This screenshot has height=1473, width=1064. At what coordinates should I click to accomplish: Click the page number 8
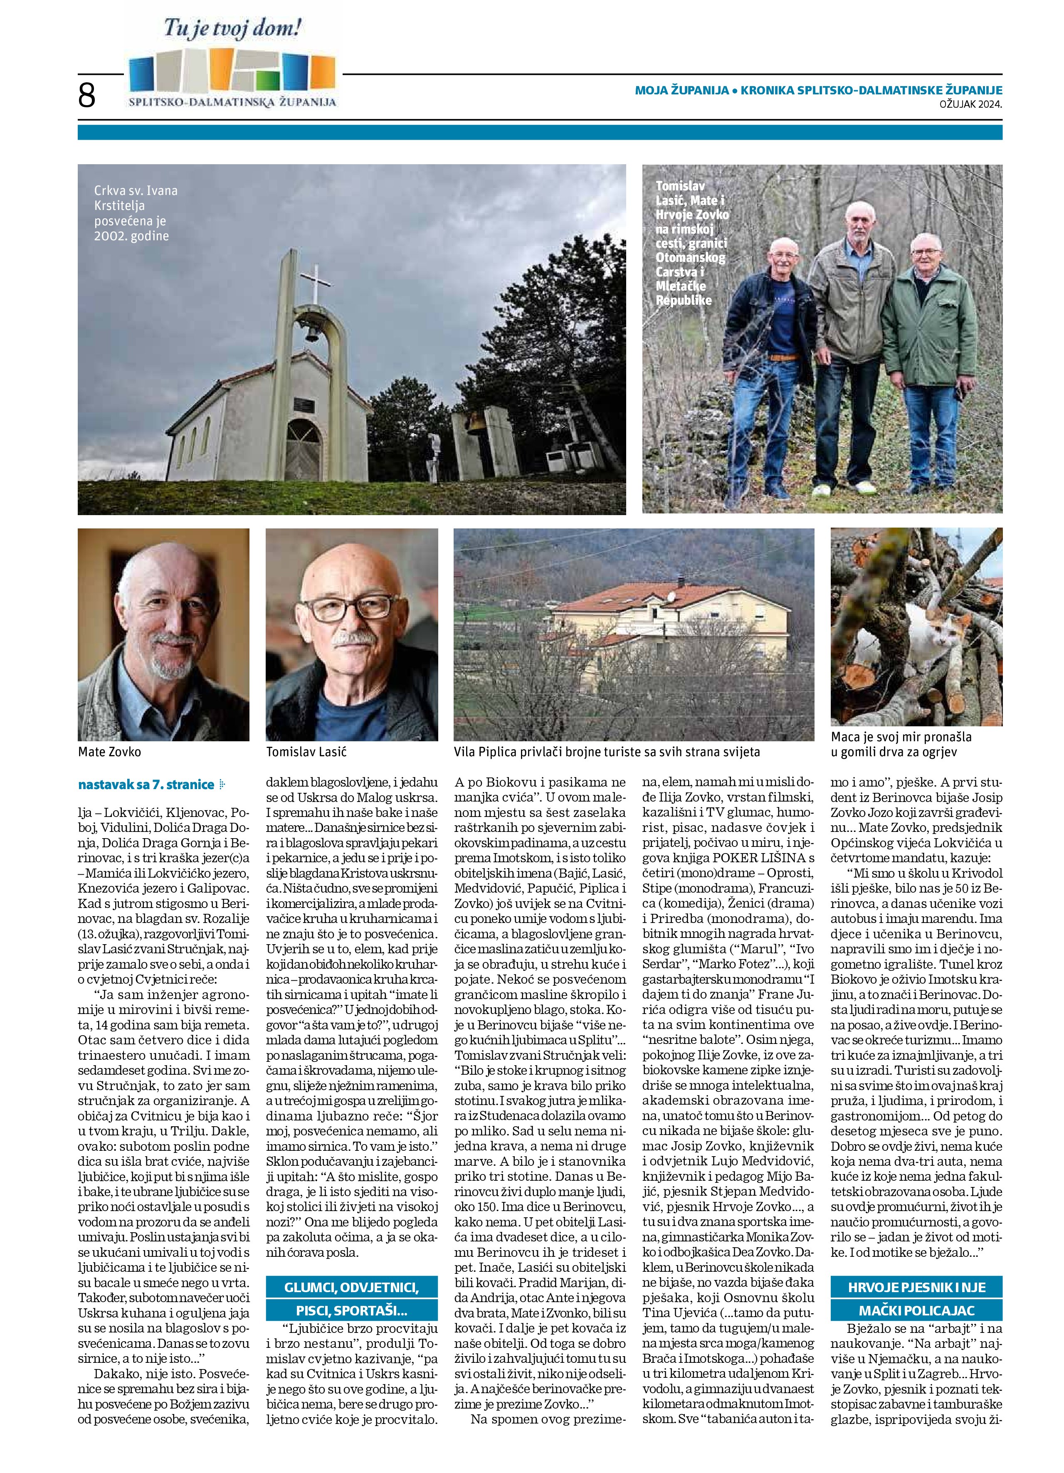pos(86,96)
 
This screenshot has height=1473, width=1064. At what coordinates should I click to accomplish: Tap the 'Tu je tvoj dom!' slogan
pos(232,29)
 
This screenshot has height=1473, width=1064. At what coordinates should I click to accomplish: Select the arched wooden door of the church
pos(304,448)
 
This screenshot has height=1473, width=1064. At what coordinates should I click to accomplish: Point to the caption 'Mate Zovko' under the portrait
pos(109,751)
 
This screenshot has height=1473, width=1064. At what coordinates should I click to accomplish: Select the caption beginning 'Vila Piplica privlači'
pos(607,751)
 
